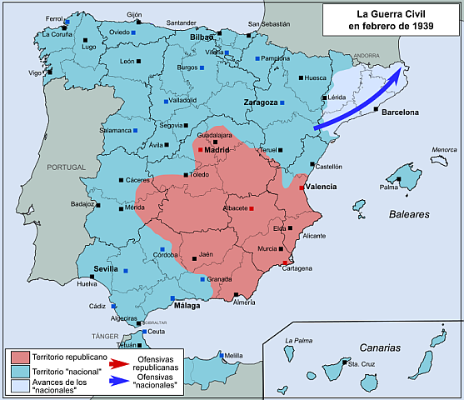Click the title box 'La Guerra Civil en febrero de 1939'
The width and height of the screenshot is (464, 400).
pyautogui.click(x=391, y=19)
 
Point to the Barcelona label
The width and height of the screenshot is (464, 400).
pyautogui.click(x=404, y=111)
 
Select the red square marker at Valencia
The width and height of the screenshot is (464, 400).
pyautogui.click(x=302, y=187)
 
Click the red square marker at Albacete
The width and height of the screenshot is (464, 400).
pyautogui.click(x=251, y=207)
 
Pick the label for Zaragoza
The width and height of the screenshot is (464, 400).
pyautogui.click(x=260, y=102)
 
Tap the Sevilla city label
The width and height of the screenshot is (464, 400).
pyautogui.click(x=107, y=268)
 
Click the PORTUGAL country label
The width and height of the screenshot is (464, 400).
pyautogui.click(x=67, y=167)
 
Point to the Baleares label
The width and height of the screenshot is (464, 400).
pyautogui.click(x=409, y=214)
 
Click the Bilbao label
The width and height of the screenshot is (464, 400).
pyautogui.click(x=203, y=38)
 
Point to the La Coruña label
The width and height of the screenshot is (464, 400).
pyautogui.click(x=57, y=34)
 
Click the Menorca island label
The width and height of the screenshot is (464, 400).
pyautogui.click(x=444, y=150)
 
